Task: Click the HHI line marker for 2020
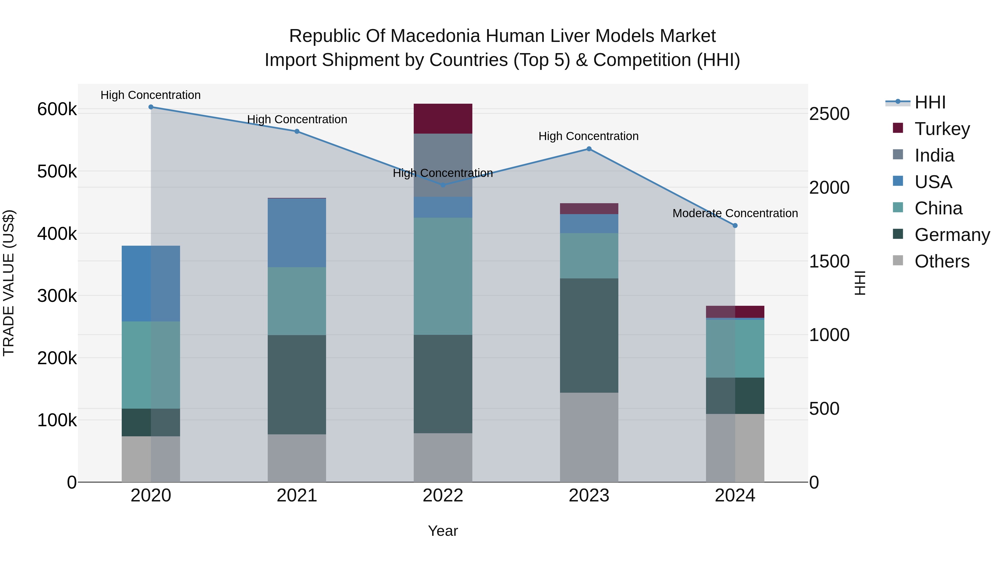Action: point(151,107)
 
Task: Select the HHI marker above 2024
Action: point(735,225)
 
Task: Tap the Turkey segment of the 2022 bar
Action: point(443,119)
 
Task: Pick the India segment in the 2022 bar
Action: point(443,165)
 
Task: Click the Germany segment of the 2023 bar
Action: point(589,335)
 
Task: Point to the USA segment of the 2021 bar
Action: point(297,233)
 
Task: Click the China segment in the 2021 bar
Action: point(297,301)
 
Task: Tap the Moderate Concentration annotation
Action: point(735,213)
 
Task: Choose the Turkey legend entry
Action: point(942,129)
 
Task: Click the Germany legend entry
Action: point(952,235)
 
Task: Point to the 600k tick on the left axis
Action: point(57,109)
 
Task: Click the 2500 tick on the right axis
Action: point(829,114)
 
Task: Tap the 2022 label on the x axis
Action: point(443,496)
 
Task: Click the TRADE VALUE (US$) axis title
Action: point(9,283)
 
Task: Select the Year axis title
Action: point(443,531)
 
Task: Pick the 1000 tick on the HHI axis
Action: point(829,335)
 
